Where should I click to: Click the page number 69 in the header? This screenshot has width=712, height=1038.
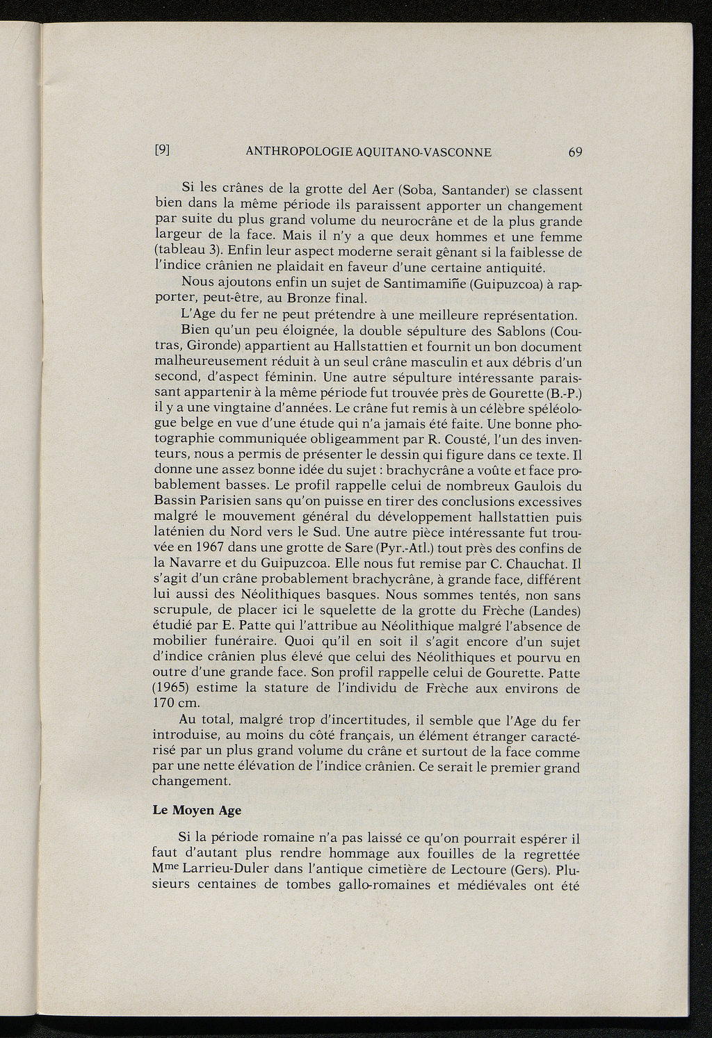click(575, 152)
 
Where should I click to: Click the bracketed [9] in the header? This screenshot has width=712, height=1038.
click(162, 150)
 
